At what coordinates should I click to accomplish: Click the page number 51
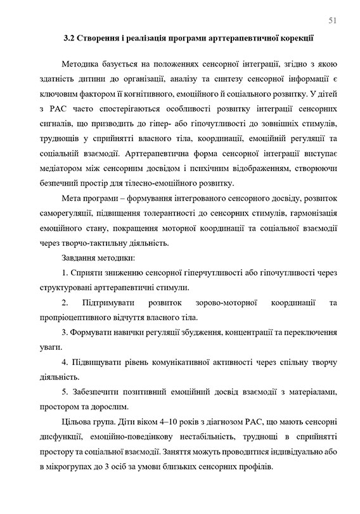(x=332, y=20)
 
